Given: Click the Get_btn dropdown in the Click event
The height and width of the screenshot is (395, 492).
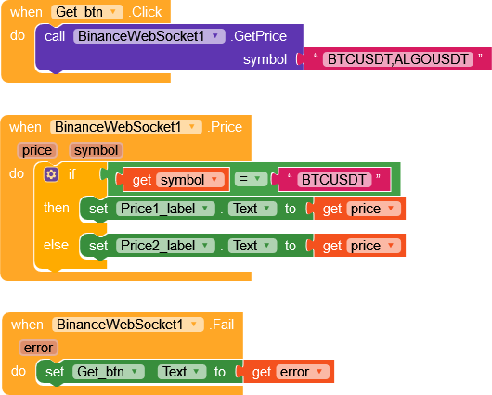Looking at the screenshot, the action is pyautogui.click(x=87, y=12).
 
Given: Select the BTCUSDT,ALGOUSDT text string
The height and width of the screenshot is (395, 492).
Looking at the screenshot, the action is pyautogui.click(x=398, y=59).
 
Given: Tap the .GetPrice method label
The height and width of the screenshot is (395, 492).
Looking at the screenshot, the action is pyautogui.click(x=259, y=36).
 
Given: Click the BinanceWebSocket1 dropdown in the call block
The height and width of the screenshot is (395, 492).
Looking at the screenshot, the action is pyautogui.click(x=149, y=36).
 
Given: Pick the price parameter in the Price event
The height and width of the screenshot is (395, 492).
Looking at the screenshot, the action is pyautogui.click(x=37, y=150).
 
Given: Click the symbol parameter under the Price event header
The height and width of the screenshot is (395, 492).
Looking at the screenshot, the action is pyautogui.click(x=96, y=150).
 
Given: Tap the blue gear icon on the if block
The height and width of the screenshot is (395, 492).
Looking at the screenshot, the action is pyautogui.click(x=51, y=174).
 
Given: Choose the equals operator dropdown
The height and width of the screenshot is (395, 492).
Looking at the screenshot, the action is pyautogui.click(x=251, y=179).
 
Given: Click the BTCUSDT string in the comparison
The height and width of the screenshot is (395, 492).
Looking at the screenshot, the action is pyautogui.click(x=334, y=180).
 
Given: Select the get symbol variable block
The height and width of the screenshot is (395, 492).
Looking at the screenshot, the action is pyautogui.click(x=176, y=180).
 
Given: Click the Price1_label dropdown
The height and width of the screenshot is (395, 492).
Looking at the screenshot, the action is pyautogui.click(x=165, y=209).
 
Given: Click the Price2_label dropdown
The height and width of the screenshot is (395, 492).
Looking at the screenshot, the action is pyautogui.click(x=165, y=246).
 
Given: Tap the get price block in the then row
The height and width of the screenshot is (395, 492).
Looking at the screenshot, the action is pyautogui.click(x=359, y=209).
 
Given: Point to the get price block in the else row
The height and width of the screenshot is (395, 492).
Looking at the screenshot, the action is pyautogui.click(x=359, y=246).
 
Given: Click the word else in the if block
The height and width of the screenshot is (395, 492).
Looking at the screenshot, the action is pyautogui.click(x=57, y=245).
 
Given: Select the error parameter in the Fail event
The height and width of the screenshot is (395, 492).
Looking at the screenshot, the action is pyautogui.click(x=39, y=348).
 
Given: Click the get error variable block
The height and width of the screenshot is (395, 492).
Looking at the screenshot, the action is pyautogui.click(x=289, y=372).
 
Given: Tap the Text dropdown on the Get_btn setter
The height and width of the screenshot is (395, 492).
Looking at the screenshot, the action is pyautogui.click(x=182, y=372).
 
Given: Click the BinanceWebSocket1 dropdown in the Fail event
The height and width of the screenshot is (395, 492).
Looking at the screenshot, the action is pyautogui.click(x=128, y=325).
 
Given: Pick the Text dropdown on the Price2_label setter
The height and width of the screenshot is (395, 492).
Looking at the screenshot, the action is pyautogui.click(x=252, y=246).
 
